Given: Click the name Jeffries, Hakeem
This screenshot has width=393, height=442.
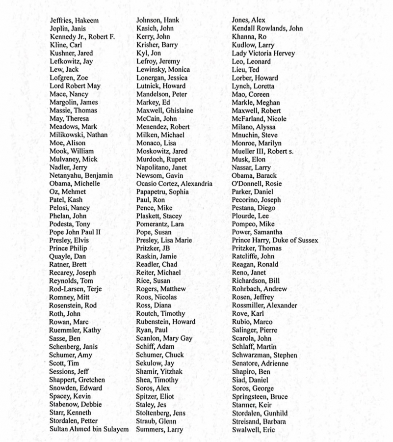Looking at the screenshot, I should point(74,21).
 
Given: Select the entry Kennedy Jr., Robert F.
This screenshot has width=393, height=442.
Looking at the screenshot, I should point(82,37).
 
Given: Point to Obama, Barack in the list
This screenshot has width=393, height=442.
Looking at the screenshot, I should point(254,175).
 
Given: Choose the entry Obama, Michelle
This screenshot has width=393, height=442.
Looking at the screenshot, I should point(75,184).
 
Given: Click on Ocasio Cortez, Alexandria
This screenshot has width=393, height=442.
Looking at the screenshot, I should point(174,184).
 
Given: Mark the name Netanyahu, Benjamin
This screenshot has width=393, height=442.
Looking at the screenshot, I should point(81,175).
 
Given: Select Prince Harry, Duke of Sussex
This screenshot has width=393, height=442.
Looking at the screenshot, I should point(275,241).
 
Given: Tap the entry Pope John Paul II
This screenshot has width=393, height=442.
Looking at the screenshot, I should point(75,232).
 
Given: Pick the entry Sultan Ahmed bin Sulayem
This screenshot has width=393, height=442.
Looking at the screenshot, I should point(89,429).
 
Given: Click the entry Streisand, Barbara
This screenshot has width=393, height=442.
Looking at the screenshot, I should point(259,421).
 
